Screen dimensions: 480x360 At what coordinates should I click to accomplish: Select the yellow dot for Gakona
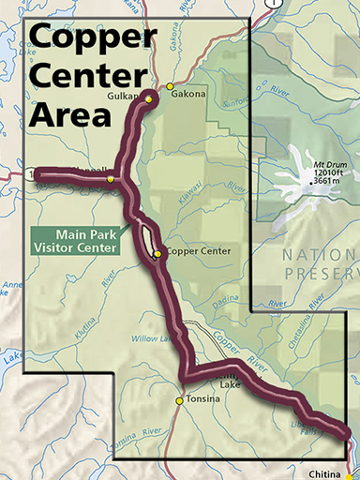[170, 86]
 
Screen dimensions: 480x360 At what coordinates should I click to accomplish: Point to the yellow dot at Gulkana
[149, 97]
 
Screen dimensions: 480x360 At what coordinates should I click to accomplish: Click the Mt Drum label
[313, 165]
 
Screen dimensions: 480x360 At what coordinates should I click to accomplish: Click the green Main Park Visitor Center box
[82, 241]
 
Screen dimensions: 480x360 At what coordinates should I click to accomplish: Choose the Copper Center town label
[198, 253]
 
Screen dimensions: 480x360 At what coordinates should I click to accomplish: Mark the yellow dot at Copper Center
[157, 253]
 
